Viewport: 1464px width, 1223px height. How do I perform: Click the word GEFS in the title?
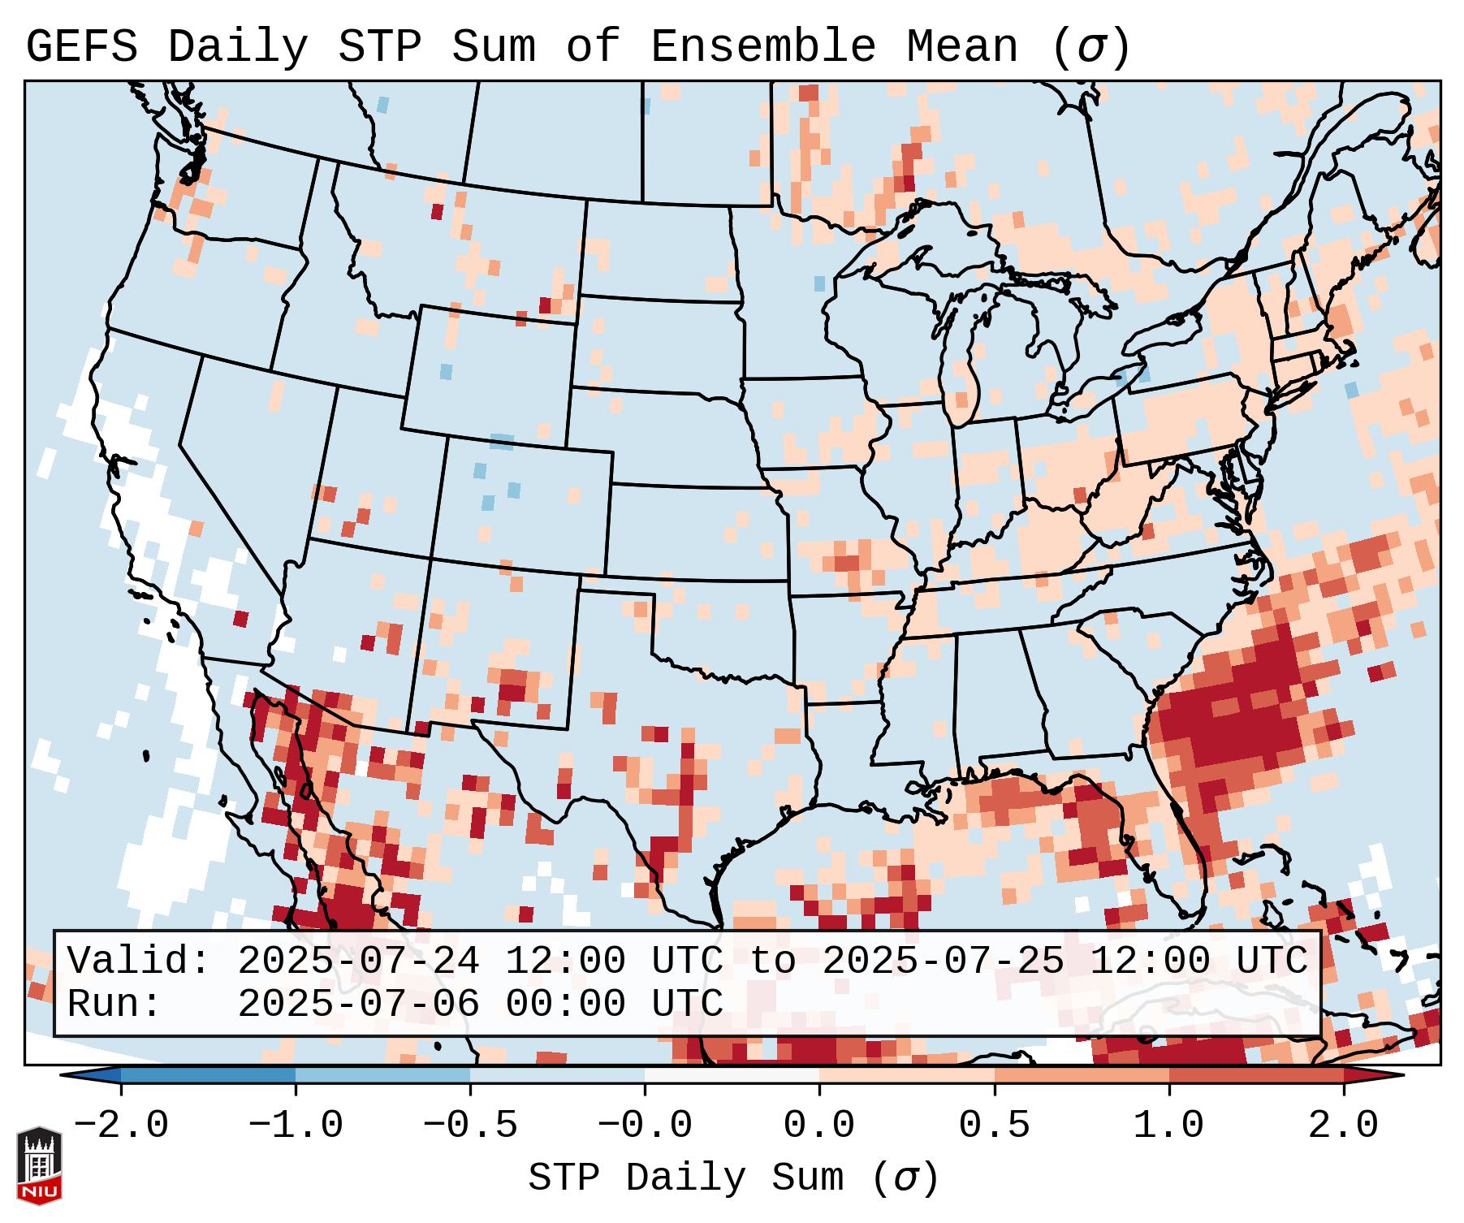pos(81,47)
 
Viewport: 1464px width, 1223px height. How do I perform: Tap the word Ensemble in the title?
pos(762,47)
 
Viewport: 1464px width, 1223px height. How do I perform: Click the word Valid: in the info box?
pos(139,962)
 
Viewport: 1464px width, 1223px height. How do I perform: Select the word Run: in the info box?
pos(114,1005)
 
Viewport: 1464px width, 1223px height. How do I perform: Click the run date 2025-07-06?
pos(358,1005)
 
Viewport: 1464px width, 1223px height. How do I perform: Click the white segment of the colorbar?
pos(732,1075)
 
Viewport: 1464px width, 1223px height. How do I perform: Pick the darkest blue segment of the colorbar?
pos(208,1075)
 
